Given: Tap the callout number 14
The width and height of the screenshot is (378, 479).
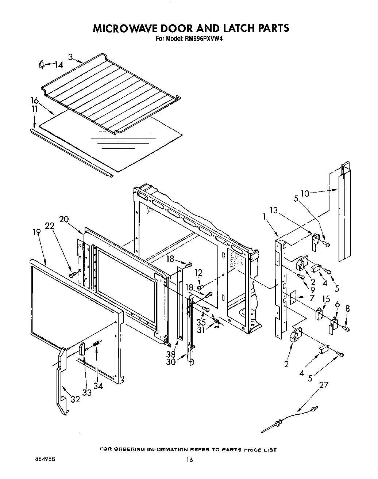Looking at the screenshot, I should (x=58, y=65).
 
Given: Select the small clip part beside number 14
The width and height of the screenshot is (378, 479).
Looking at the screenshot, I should (x=42, y=65).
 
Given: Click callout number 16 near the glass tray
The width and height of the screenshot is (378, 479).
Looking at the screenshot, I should (x=34, y=100).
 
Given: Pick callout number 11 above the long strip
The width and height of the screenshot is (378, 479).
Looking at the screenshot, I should (x=34, y=109).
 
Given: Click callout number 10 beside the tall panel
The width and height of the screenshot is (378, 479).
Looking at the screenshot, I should (x=305, y=193).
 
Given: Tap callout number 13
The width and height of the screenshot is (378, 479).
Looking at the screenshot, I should (x=274, y=210).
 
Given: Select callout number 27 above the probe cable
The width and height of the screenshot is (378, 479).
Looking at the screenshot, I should (x=324, y=385).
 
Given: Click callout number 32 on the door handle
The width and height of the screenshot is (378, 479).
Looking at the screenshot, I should (x=75, y=399).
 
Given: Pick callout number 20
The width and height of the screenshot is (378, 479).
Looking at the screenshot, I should (x=64, y=219).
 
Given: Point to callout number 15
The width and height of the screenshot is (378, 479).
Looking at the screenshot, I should (x=326, y=299).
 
